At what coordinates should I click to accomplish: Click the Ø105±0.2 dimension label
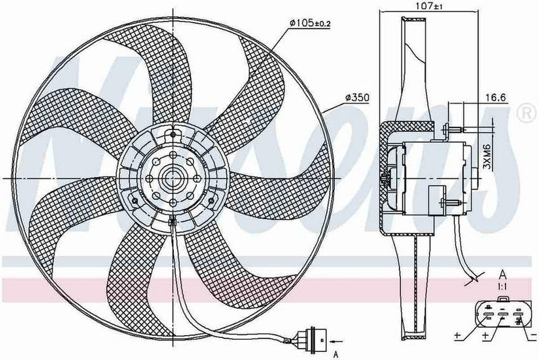311,24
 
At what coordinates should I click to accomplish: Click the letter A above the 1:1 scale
503,274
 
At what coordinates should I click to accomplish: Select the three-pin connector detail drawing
502,313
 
